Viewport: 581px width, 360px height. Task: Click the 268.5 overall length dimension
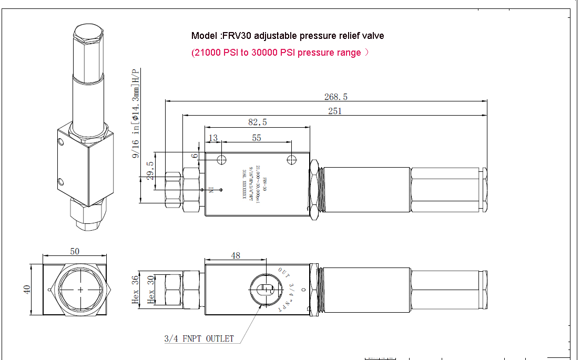pos(336,97)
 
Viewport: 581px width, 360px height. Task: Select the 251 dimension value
pos(335,111)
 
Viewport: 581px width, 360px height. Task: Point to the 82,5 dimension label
pos(257,122)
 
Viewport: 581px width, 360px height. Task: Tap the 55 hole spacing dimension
pos(257,138)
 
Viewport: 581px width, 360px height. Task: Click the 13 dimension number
pos(213,138)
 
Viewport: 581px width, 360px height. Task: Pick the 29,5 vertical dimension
pos(150,171)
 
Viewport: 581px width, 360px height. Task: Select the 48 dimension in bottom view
pos(236,255)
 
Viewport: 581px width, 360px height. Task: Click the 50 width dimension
pos(75,251)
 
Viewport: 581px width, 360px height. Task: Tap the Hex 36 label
pos(135,290)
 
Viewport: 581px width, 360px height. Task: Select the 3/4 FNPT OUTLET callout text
pos(199,339)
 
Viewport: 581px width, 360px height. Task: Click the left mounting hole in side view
pos(222,159)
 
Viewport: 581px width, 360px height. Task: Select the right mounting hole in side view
pos(292,159)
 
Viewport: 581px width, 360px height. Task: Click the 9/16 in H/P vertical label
pos(136,113)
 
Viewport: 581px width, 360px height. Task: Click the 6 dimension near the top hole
pos(195,156)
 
